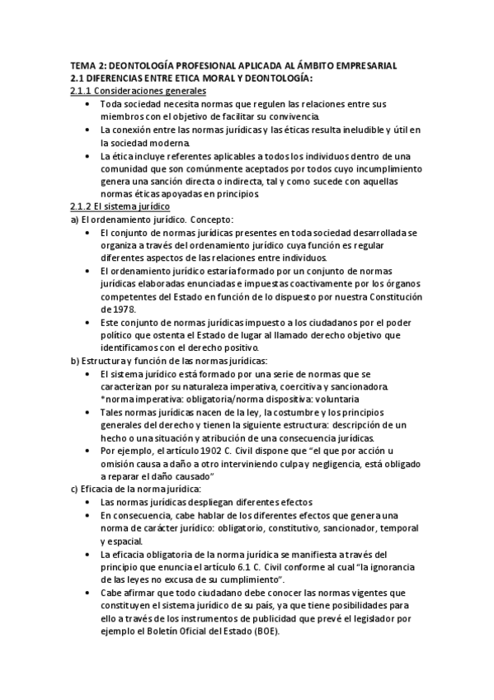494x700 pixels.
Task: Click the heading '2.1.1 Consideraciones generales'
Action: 138,91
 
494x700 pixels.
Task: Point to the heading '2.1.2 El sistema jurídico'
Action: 120,206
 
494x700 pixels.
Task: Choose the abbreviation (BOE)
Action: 262,631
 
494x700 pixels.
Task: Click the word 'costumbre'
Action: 275,412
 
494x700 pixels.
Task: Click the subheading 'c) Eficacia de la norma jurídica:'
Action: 131,489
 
